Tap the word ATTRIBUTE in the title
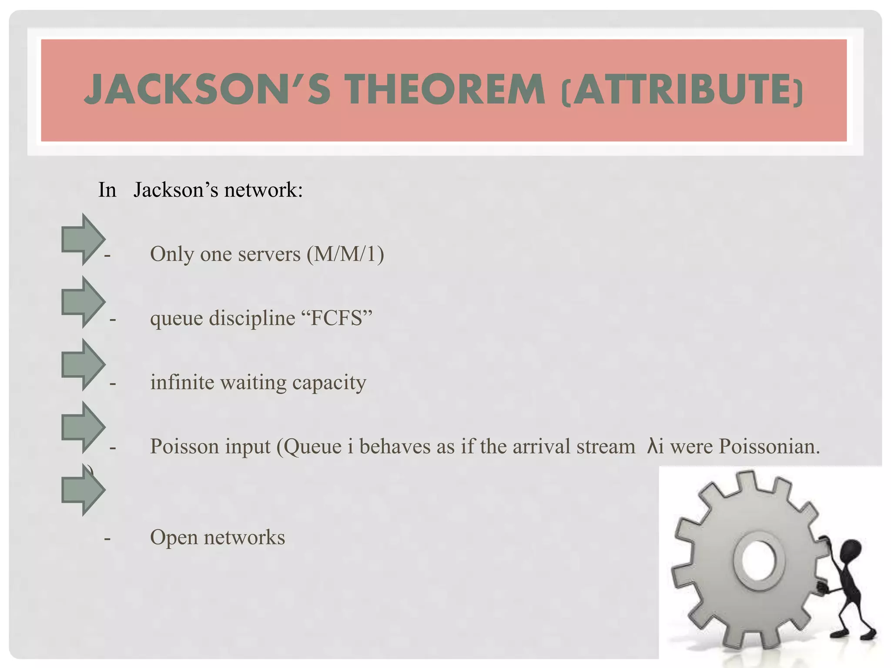tap(682, 90)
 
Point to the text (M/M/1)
tap(345, 254)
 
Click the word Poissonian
tap(769, 446)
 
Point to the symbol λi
tap(655, 446)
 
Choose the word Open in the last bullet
tap(174, 538)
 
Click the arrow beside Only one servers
tap(83, 239)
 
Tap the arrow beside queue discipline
tap(83, 302)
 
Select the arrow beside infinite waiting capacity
tap(83, 364)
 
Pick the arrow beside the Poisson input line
tap(83, 427)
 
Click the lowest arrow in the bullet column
tap(83, 490)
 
